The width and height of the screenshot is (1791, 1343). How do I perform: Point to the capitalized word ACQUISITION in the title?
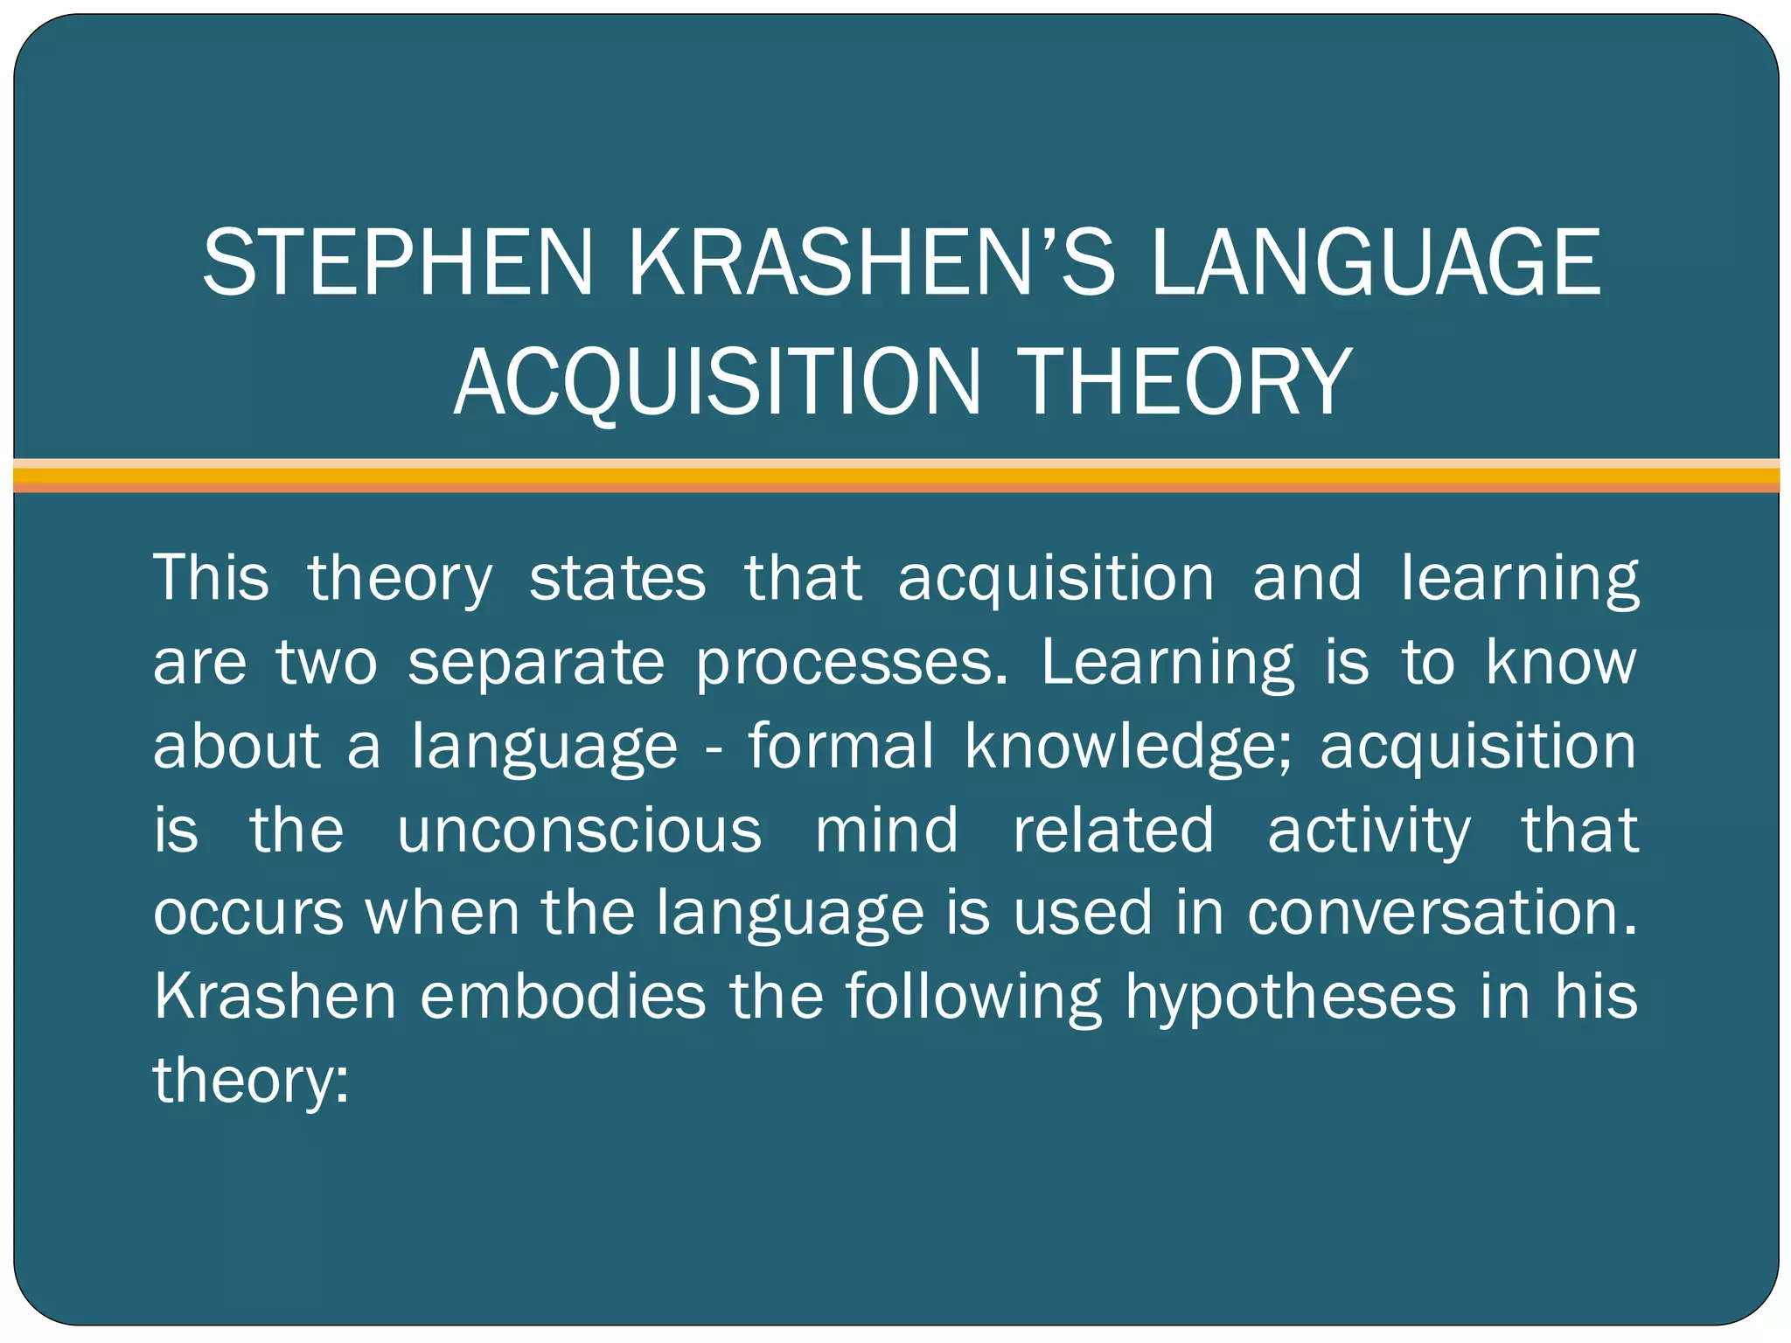(x=718, y=381)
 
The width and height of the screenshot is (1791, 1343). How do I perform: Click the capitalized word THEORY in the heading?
(x=1186, y=381)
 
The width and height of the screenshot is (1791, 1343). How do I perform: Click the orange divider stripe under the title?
(x=895, y=476)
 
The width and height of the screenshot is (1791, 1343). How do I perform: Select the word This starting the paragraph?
(x=212, y=578)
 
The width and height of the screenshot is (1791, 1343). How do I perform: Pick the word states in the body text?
(x=617, y=578)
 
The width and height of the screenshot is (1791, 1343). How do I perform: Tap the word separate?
(x=536, y=662)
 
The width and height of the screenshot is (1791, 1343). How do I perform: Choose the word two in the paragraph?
(x=327, y=662)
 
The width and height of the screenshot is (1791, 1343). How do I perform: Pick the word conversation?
(x=1441, y=913)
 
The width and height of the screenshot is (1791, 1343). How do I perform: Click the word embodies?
(x=562, y=996)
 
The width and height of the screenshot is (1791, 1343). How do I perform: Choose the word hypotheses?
(x=1290, y=996)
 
